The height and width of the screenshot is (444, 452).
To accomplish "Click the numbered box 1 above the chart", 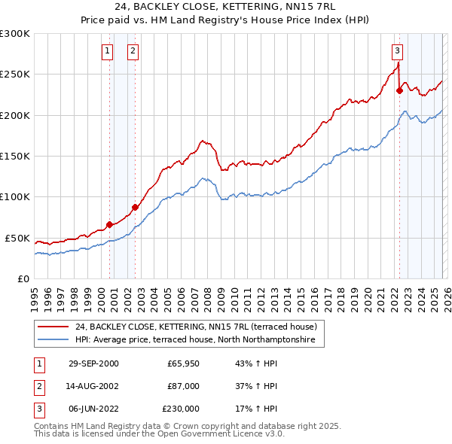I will [107, 51].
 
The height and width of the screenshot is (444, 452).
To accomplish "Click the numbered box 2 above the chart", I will [133, 51].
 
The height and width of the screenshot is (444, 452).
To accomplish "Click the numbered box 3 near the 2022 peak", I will [396, 51].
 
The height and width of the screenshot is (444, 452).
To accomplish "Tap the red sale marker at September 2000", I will [109, 224].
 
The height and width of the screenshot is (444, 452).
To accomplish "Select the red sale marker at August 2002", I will [135, 207].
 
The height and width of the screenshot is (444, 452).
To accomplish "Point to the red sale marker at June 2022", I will [399, 91].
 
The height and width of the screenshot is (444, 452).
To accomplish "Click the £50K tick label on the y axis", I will [17, 238].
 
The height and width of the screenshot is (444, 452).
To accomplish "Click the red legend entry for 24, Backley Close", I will [199, 327].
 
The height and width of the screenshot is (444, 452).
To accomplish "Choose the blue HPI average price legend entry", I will [199, 339].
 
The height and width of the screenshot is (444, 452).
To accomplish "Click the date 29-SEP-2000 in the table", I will [93, 364].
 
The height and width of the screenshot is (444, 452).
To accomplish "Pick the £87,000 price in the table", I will [183, 386].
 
